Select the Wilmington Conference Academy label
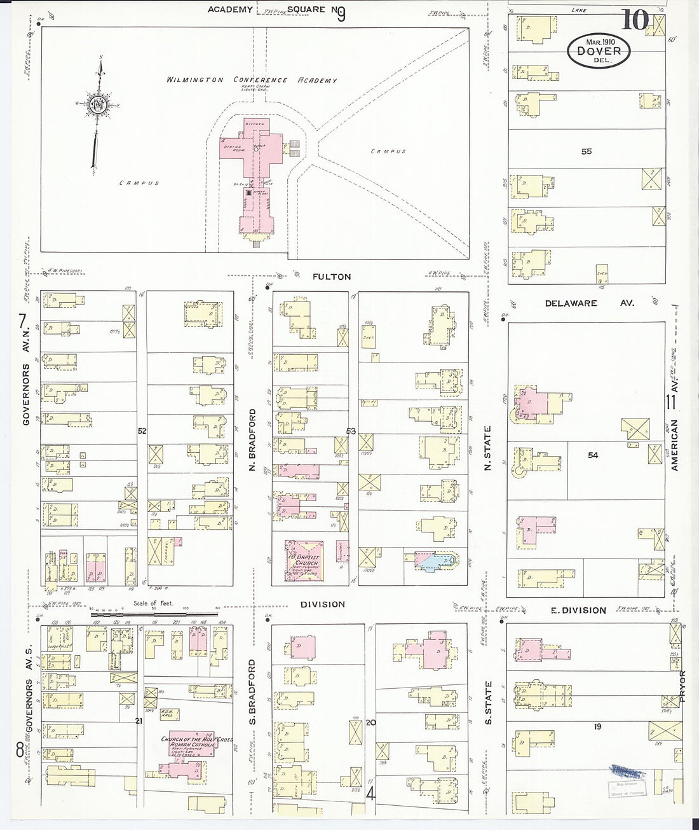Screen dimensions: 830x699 tap(252, 80)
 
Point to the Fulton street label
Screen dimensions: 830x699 tap(332, 277)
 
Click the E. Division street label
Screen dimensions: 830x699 tap(578, 610)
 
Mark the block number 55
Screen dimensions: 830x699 tap(586, 151)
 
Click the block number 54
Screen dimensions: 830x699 tap(593, 455)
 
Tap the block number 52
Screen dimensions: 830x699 tap(142, 431)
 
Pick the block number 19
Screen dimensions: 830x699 tap(597, 726)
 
